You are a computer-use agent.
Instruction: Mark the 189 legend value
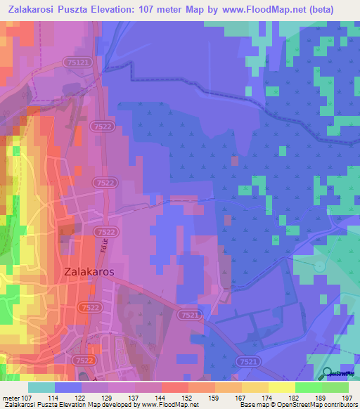321,398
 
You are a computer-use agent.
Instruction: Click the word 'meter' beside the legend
10,398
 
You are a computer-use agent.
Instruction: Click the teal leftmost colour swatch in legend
41,387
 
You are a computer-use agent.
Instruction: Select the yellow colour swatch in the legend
282,387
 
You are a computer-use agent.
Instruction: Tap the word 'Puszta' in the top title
81,9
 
